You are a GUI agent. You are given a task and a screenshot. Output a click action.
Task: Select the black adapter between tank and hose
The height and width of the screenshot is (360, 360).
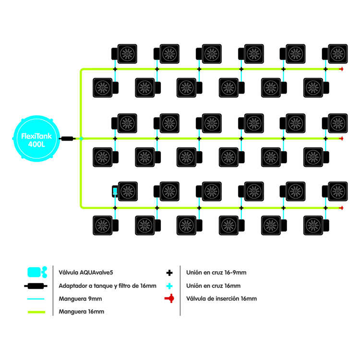67,139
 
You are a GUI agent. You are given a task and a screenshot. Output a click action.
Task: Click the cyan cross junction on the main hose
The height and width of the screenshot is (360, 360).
81,139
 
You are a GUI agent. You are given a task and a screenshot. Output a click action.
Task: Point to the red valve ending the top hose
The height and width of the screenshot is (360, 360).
341,70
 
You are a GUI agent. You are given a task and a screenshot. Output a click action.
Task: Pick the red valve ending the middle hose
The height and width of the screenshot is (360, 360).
341,139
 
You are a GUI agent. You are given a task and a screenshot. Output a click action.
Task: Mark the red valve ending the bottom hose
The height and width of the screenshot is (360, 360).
341,208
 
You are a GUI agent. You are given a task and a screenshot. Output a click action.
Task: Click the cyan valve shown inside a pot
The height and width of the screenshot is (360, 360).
115,191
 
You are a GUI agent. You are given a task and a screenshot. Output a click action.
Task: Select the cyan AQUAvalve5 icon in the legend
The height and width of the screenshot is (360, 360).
36,272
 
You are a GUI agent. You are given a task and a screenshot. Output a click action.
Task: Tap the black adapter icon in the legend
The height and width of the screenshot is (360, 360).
36,286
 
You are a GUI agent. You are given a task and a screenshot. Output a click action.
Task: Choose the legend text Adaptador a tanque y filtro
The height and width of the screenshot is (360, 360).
107,286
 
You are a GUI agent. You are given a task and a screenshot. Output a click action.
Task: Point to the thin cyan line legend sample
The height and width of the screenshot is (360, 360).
36,299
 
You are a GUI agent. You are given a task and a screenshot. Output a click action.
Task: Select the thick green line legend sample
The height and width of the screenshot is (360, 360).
36,312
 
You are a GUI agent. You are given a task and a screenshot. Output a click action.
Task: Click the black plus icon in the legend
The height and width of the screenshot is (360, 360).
169,273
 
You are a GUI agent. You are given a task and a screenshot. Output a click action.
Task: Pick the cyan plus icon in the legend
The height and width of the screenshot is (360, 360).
169,286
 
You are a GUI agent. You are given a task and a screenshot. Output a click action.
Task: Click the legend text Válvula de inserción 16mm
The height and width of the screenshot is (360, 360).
221,299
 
